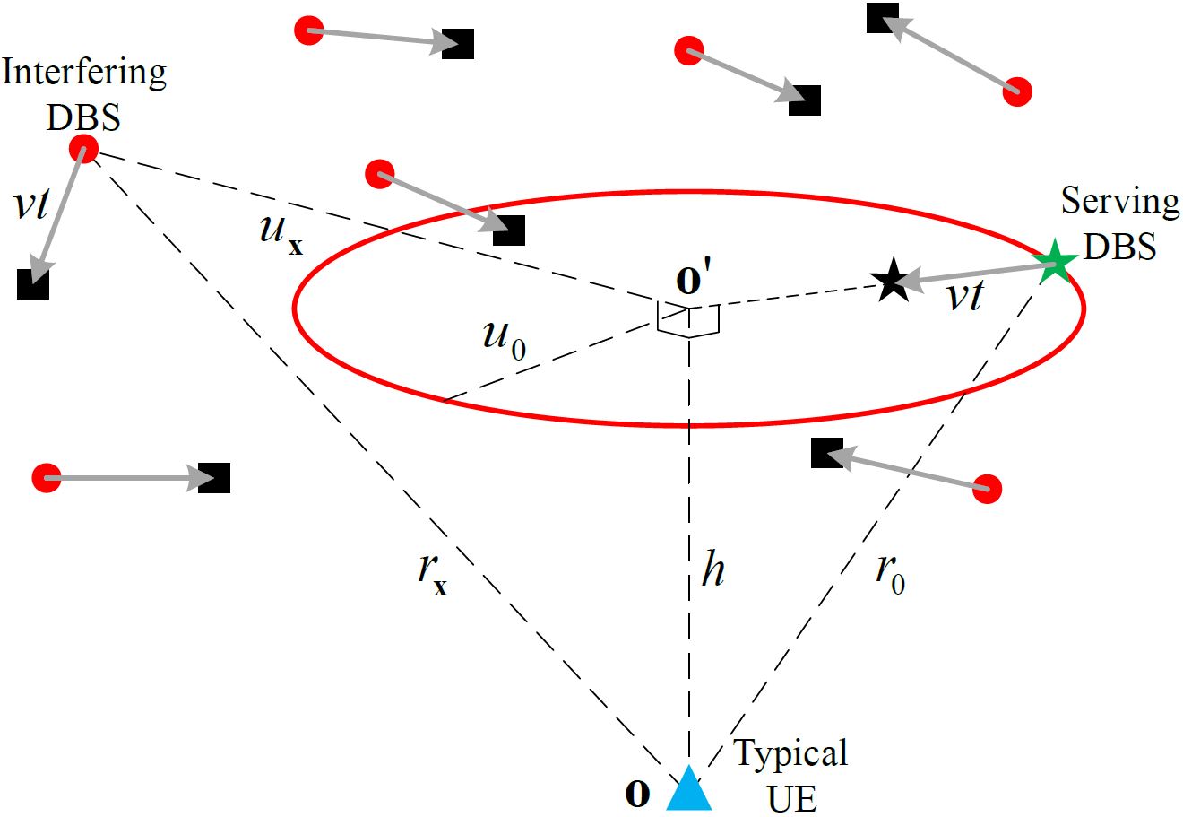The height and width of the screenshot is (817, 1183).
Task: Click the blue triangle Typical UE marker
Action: point(689,790)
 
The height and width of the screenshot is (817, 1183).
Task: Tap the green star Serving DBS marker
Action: point(1055,261)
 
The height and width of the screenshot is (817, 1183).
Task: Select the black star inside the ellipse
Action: point(890,281)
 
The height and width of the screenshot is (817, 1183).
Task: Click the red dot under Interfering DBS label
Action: point(84,148)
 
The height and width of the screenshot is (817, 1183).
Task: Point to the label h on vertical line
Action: point(712,569)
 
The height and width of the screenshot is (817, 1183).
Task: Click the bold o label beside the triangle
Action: point(636,795)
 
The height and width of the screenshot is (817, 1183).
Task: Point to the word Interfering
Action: point(84,73)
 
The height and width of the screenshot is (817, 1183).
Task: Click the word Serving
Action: point(1120,202)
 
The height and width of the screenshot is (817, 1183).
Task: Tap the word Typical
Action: point(791,754)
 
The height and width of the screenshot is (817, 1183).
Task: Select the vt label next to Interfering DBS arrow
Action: point(32,205)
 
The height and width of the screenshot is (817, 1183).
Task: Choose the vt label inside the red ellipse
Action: point(964,295)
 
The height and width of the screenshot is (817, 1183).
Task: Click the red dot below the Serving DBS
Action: point(986,489)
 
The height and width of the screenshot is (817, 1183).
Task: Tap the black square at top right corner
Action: point(883,18)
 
